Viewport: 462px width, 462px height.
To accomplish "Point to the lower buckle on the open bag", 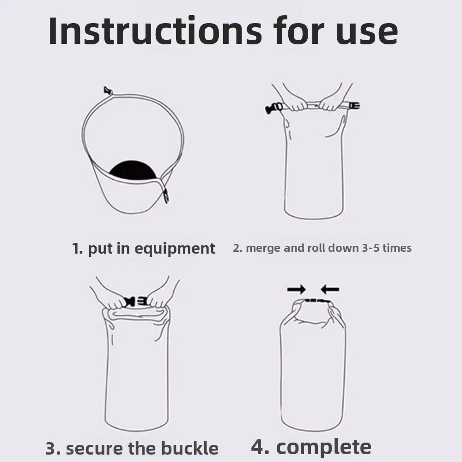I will (165, 196).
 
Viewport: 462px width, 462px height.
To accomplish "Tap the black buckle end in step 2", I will (272, 109).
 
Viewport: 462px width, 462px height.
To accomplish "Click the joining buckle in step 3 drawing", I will (136, 301).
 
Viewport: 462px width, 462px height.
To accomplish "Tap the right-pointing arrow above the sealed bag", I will (296, 290).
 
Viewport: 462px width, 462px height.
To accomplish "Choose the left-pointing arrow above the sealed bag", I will (330, 290).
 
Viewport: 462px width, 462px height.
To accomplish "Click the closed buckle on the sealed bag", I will (314, 300).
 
